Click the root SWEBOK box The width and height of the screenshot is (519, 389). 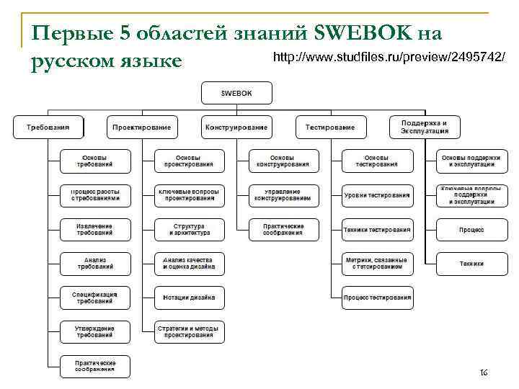coord(236,92)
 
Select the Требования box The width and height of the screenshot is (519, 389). coord(48,127)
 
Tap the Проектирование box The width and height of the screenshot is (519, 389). coord(142,127)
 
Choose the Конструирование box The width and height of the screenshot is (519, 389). coord(236,127)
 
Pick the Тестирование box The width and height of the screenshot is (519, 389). coord(330,127)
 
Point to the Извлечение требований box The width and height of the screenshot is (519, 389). coord(95,229)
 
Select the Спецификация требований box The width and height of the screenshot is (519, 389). coord(95,298)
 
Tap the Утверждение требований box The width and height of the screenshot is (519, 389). coord(95,331)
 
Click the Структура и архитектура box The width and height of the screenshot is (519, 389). coord(190,229)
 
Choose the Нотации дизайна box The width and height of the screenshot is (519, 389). coord(190,298)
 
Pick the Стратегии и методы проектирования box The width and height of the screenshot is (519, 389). coord(190,331)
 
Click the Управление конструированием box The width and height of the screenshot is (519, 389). coord(283,195)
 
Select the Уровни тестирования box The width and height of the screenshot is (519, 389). coord(377,195)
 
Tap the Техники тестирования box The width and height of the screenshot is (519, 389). coord(377,230)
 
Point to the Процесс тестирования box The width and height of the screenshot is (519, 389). coord(377,298)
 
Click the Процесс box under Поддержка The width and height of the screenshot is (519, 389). coord(471,230)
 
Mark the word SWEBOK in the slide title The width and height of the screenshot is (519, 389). coord(364,33)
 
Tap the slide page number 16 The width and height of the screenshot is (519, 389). coord(484,372)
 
